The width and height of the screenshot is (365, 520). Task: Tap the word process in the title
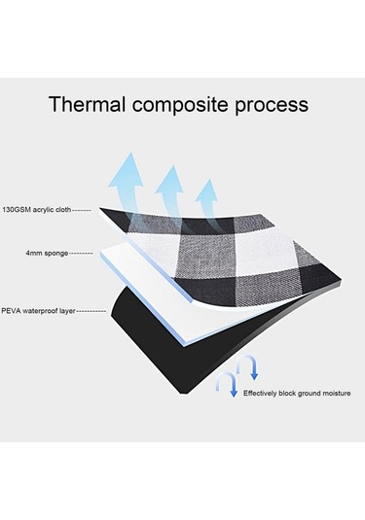coord(275,105)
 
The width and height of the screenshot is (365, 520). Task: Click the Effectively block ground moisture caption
coord(297,393)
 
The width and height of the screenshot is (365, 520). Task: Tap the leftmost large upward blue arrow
coord(127,175)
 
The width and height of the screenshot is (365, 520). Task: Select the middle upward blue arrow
coord(169,190)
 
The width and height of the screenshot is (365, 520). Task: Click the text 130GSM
coord(18,209)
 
